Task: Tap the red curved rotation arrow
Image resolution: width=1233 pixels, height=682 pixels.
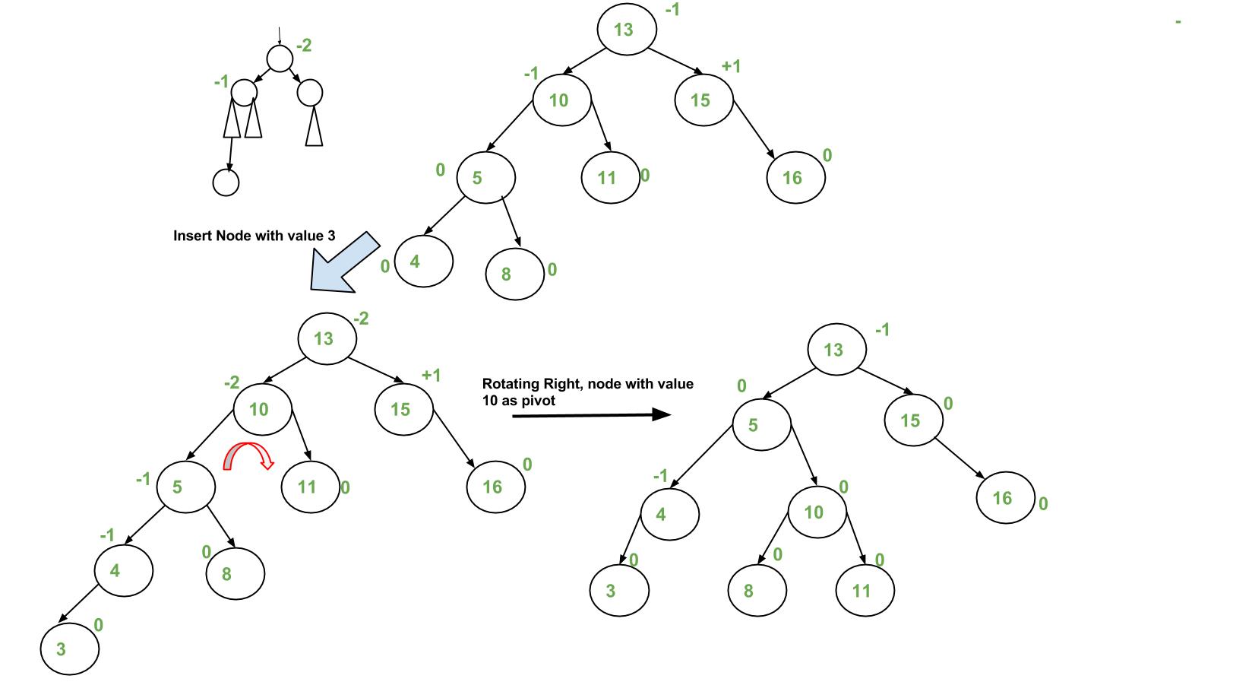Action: coord(248,455)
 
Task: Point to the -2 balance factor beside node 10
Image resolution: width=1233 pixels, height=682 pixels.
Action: coord(232,383)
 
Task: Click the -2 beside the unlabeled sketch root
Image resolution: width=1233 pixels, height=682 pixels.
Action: coord(304,46)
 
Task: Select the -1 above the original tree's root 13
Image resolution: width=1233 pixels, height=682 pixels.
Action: coord(672,10)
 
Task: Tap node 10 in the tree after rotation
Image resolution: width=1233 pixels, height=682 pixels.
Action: coord(814,512)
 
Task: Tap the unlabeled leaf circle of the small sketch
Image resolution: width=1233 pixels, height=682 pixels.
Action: coord(226,182)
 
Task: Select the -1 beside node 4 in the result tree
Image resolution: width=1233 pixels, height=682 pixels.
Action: coord(661,477)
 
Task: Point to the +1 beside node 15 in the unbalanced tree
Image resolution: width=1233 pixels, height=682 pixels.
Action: coord(431,375)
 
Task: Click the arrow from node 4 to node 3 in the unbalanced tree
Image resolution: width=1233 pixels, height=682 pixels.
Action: coord(78,605)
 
